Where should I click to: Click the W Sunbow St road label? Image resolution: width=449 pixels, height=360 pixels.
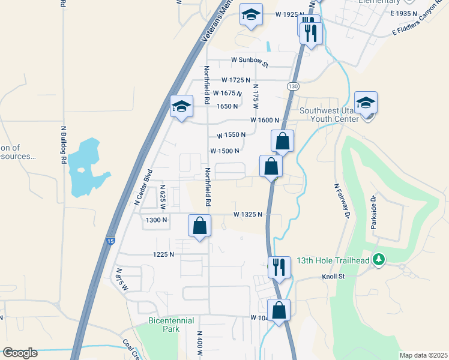pos(250,61)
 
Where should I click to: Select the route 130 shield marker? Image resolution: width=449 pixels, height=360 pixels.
pos(292,86)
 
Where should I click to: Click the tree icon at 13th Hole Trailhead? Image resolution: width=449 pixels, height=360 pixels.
pos(378,260)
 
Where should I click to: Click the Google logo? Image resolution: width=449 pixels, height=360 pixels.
pos(20,353)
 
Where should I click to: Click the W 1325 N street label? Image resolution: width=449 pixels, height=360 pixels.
pos(248,214)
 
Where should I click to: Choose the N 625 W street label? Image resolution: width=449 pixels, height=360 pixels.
pos(162,194)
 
